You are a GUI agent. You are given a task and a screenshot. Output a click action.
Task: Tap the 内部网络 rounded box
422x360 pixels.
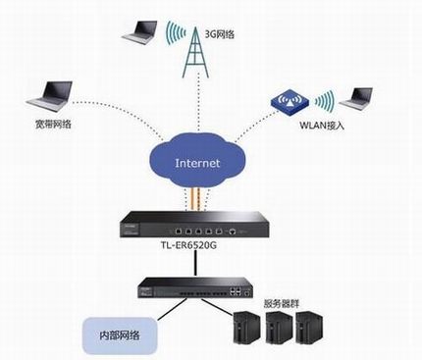[x=117, y=334]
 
